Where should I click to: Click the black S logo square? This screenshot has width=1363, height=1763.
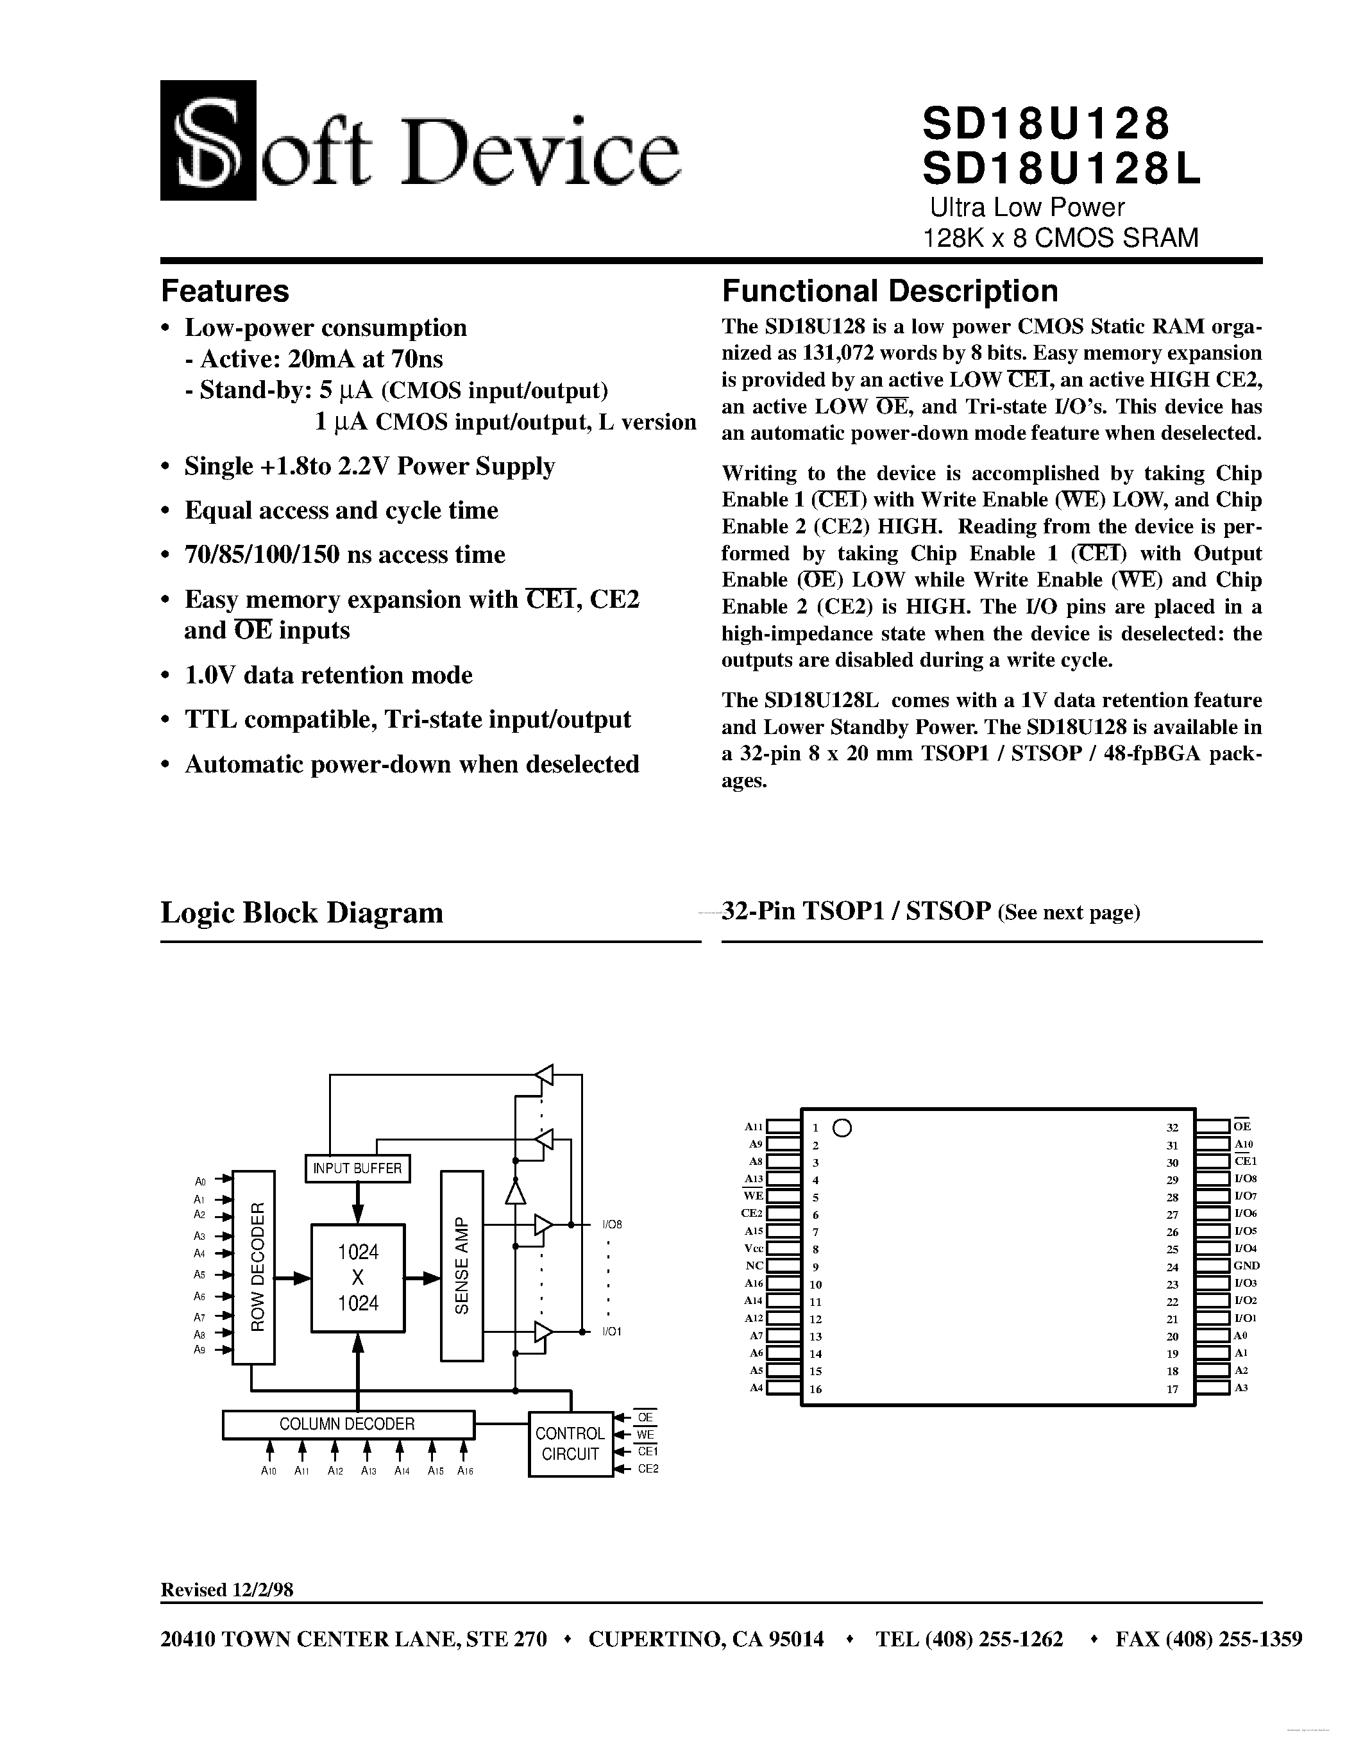click(x=208, y=140)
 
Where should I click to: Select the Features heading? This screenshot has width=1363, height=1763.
click(x=224, y=290)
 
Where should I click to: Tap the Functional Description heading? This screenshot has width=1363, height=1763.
click(x=889, y=290)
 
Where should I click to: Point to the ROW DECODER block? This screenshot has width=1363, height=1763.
click(x=253, y=1267)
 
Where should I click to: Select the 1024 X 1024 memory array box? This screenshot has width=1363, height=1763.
click(x=358, y=1278)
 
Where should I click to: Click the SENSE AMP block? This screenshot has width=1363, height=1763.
click(x=461, y=1266)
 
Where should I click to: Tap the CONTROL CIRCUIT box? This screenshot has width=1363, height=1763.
click(x=570, y=1443)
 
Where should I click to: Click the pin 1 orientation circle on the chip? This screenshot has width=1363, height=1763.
click(x=842, y=1128)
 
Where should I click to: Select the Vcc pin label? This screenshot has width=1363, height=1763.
click(x=754, y=1249)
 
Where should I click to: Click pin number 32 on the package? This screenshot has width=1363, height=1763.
click(x=1173, y=1128)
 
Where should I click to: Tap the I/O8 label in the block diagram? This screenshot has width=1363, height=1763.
click(x=612, y=1224)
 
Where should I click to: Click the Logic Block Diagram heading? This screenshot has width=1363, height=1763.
click(x=301, y=913)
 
